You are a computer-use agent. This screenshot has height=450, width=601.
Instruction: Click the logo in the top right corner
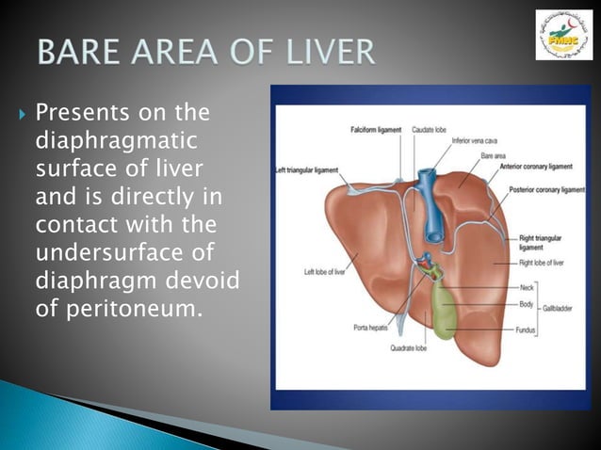pyautogui.click(x=564, y=36)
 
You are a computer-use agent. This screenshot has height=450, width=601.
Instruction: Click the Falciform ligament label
pyautogui.click(x=377, y=129)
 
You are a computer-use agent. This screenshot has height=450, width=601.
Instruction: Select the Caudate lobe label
pyautogui.click(x=430, y=129)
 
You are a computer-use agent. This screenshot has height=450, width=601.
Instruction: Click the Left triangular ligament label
pyautogui.click(x=305, y=170)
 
